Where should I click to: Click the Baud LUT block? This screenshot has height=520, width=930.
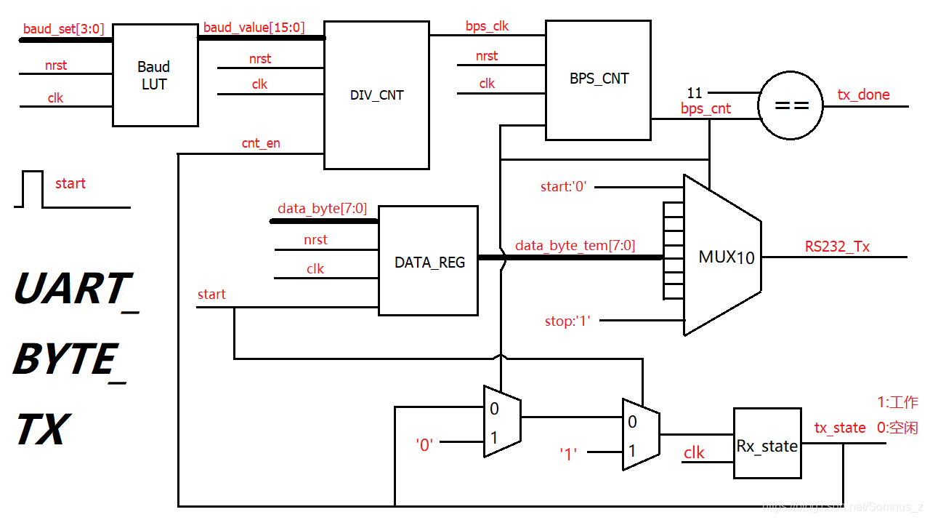155,76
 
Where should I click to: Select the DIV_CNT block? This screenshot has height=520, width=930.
376,95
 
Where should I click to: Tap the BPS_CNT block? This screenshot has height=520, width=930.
598,79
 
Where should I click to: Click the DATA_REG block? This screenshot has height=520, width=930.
429,262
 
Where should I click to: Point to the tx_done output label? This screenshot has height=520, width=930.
863,95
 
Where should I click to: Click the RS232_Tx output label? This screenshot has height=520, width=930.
836,247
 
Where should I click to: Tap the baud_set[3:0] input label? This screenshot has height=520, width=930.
63,29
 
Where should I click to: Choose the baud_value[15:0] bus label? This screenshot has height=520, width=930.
254,28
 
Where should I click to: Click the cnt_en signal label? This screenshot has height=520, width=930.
261,143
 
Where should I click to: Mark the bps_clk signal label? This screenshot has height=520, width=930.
487,26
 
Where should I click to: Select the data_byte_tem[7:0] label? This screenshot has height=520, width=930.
575,246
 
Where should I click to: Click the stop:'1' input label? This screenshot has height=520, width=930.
567,321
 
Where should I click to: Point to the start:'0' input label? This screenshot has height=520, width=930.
563,187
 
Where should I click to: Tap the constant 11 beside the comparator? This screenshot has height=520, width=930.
695,93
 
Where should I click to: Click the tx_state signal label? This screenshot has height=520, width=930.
839,428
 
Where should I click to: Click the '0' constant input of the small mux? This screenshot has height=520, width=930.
424,444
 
